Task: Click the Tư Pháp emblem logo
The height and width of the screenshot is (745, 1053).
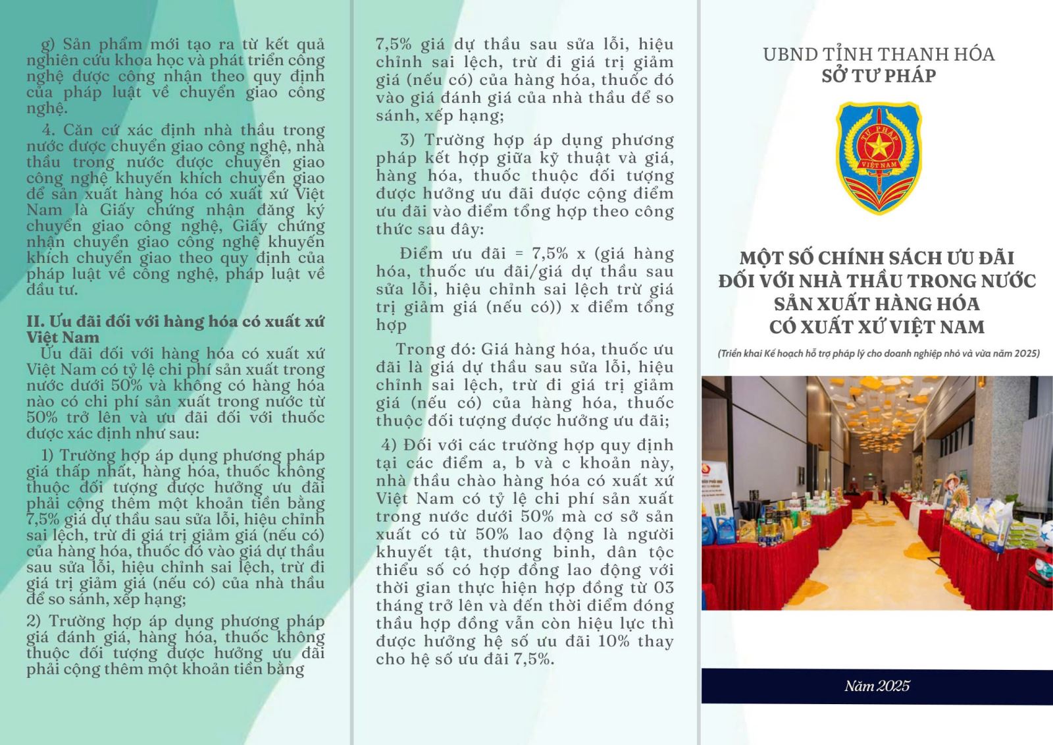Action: (878, 158)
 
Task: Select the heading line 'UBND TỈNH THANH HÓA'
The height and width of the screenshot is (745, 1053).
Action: (879, 54)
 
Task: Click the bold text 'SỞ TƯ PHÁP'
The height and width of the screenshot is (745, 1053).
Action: (879, 76)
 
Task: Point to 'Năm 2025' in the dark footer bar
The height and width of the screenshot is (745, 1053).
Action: (877, 686)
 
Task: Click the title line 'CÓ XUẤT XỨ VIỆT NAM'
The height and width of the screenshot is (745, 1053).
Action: (877, 327)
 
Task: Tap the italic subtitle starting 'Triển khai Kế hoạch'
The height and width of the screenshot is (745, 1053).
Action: (879, 354)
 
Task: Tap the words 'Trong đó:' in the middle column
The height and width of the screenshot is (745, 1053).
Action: (435, 349)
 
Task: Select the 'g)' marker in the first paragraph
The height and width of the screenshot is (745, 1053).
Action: (49, 45)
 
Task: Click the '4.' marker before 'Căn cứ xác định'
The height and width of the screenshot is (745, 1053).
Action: (49, 130)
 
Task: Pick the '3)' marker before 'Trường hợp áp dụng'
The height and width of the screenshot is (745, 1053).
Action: (408, 140)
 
